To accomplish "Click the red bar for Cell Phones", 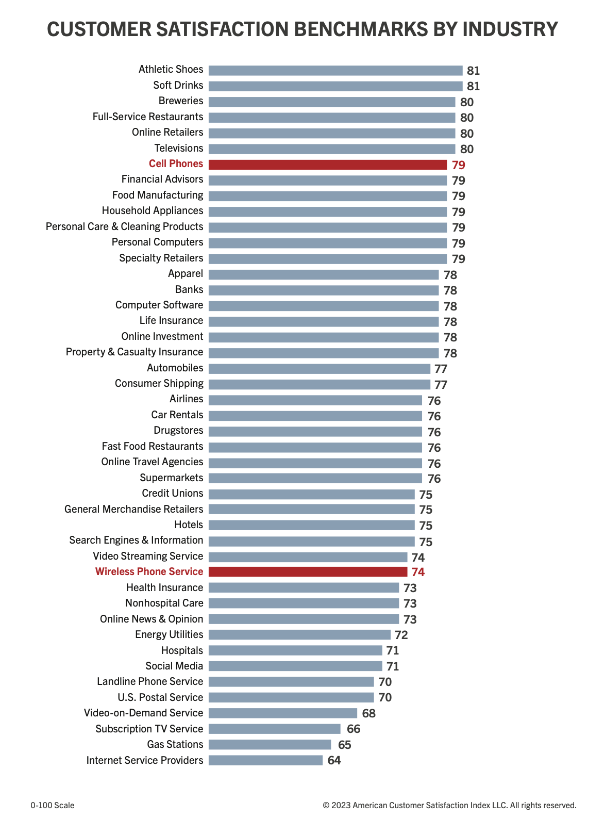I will [x=328, y=165].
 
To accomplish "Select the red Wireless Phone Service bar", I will [x=308, y=571].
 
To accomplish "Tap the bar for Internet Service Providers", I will [x=265, y=760].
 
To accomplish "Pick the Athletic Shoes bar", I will [x=335, y=71].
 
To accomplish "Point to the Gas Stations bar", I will [x=270, y=744].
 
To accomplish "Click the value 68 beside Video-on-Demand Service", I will [x=369, y=713].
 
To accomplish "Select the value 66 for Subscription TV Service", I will [x=354, y=729].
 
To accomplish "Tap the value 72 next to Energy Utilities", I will [x=401, y=635].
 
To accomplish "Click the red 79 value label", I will [x=459, y=165].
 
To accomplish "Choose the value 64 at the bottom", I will [x=334, y=760].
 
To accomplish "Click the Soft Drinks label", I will [x=178, y=85].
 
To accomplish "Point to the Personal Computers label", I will [x=158, y=242].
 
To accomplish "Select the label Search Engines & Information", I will [x=136, y=540].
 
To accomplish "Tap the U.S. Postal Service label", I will [x=160, y=697].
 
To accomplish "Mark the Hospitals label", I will [x=182, y=650].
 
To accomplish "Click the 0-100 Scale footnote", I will [x=52, y=805].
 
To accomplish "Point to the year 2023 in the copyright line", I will [x=341, y=805].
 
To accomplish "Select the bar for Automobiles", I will [x=319, y=369].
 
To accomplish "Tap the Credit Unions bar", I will [x=311, y=494].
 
